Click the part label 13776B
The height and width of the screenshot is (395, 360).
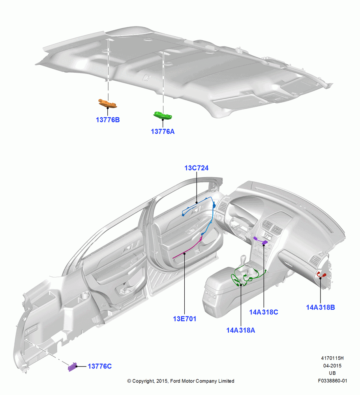tap(108, 120)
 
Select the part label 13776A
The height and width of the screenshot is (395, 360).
tap(163, 131)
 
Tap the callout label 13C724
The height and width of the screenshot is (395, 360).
tap(196, 168)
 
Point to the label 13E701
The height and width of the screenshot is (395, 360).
tap(184, 319)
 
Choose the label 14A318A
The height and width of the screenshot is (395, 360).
tap(241, 330)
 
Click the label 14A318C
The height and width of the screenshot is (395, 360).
tap(264, 312)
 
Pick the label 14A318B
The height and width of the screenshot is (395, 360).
tap(321, 307)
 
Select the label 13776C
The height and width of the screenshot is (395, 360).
tap(100, 366)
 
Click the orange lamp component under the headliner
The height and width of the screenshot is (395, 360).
tap(107, 103)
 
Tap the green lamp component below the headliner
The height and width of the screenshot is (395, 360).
tap(163, 115)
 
